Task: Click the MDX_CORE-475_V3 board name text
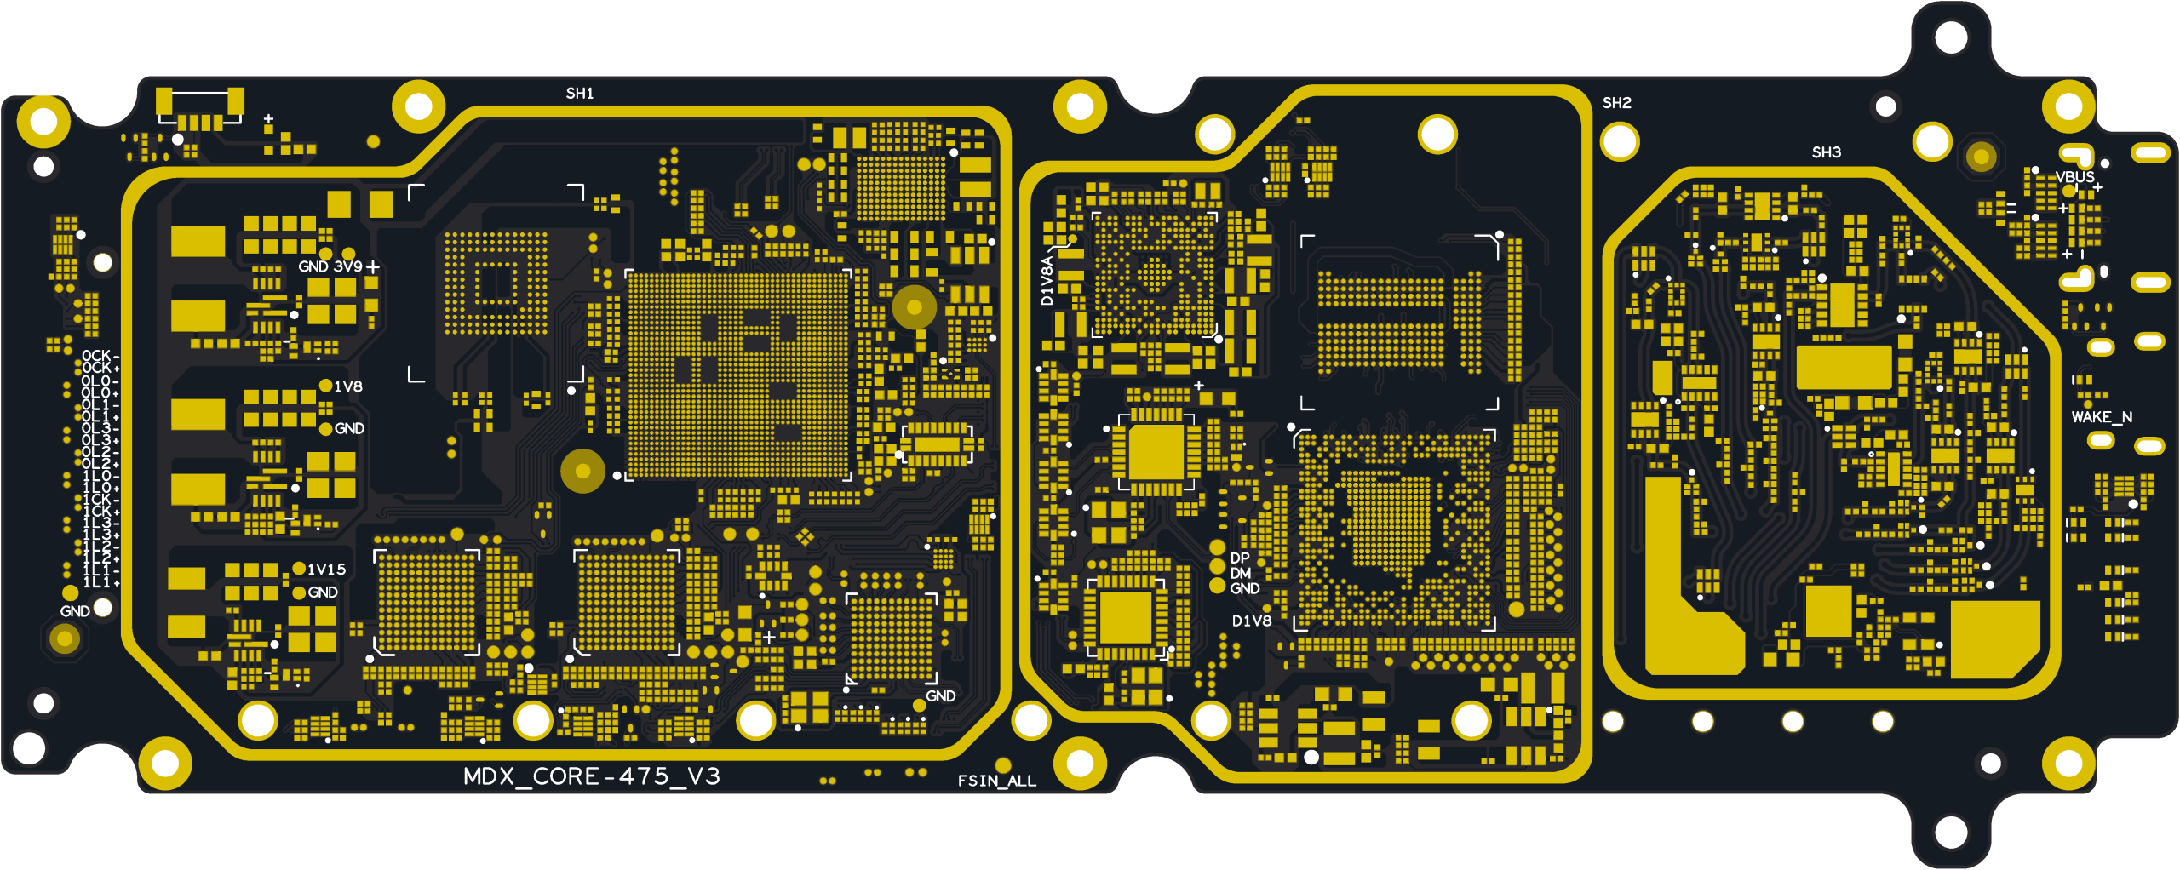pyautogui.click(x=591, y=776)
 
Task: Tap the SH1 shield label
pyautogui.click(x=580, y=94)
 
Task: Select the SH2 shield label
pyautogui.click(x=1616, y=103)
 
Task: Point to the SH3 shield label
pyautogui.click(x=1826, y=152)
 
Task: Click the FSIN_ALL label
pyautogui.click(x=996, y=781)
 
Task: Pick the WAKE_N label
pyautogui.click(x=2101, y=417)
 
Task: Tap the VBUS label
pyautogui.click(x=2074, y=177)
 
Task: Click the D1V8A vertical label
pyautogui.click(x=1047, y=281)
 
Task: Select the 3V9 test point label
pyautogui.click(x=347, y=266)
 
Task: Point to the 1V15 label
pyautogui.click(x=326, y=570)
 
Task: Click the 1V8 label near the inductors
pyautogui.click(x=347, y=386)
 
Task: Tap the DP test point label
pyautogui.click(x=1240, y=558)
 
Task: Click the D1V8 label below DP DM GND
pyautogui.click(x=1252, y=621)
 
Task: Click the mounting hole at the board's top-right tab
pyautogui.click(x=1951, y=37)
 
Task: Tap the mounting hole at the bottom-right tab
pyautogui.click(x=1951, y=832)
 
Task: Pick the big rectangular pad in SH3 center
pyautogui.click(x=1843, y=368)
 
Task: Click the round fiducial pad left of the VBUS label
pyautogui.click(x=1981, y=157)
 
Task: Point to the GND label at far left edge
pyautogui.click(x=75, y=611)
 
